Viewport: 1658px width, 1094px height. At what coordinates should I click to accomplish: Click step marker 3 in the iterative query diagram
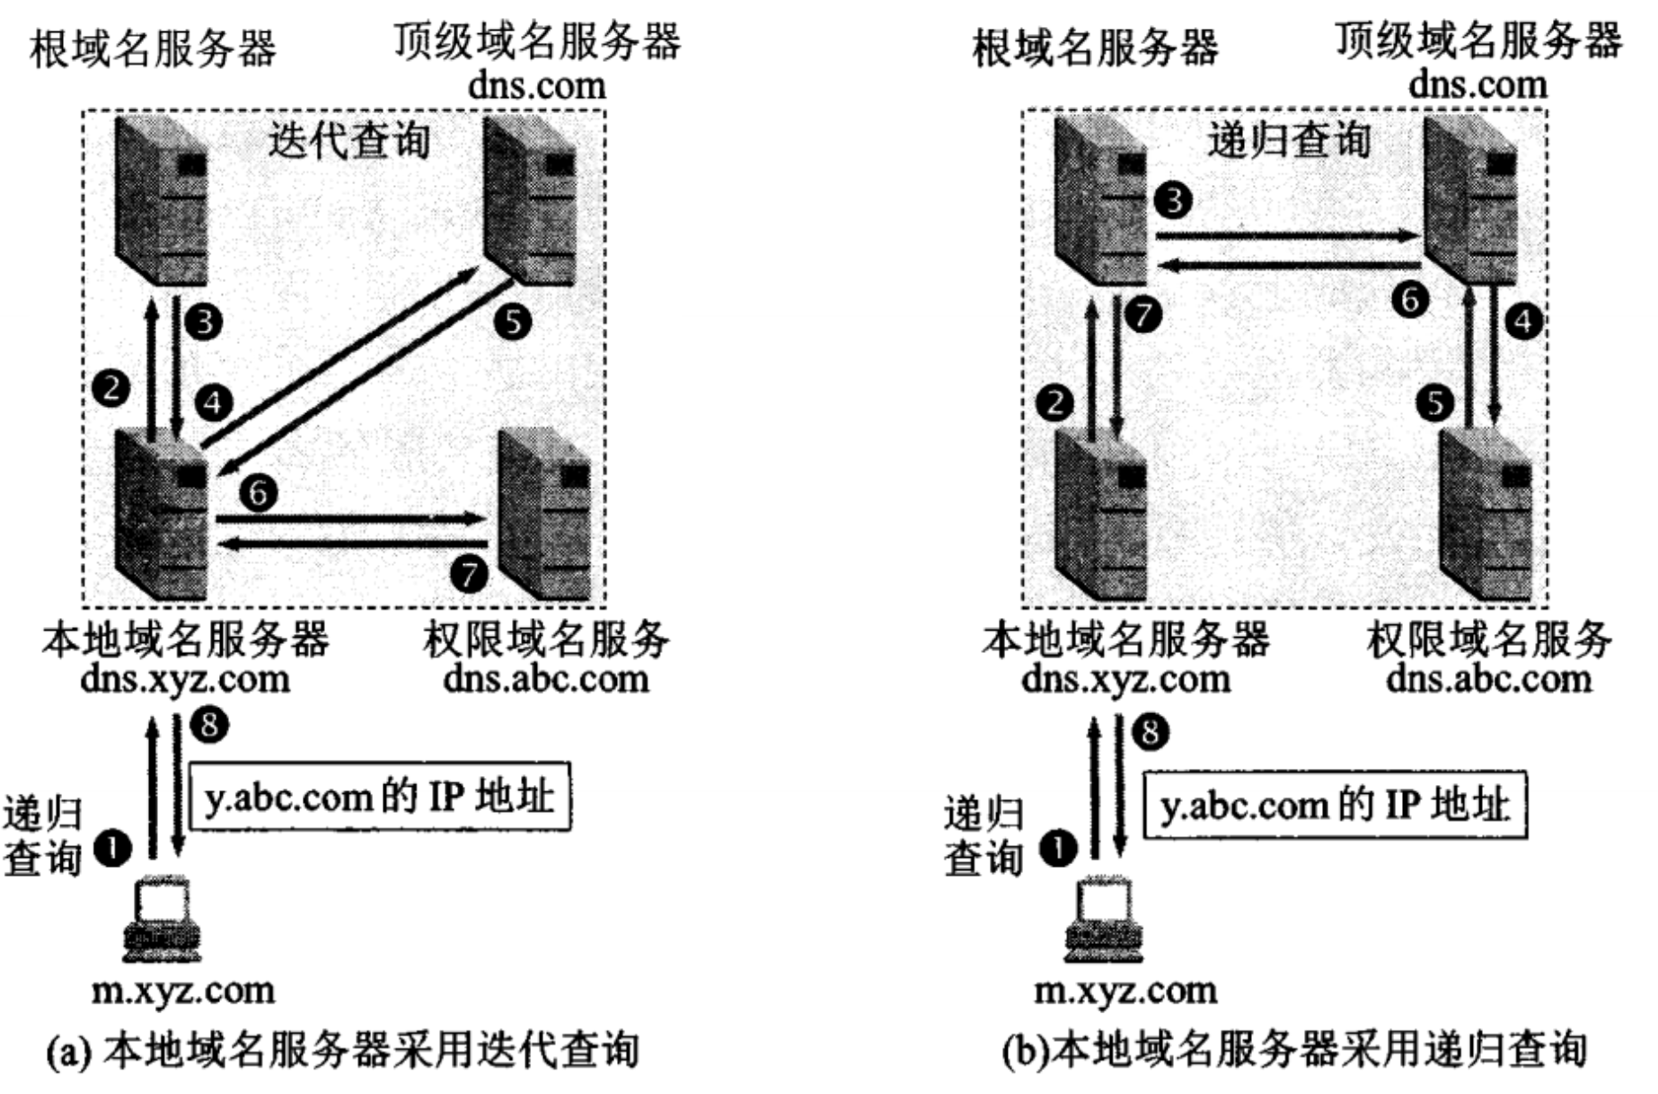pos(205,321)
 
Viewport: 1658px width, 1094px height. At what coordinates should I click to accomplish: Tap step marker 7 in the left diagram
pos(469,574)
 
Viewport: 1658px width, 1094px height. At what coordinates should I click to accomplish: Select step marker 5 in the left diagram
pos(513,321)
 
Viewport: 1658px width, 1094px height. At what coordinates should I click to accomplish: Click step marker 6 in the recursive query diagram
pos(1410,299)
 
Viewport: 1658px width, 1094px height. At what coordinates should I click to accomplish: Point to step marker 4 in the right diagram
pos(1524,321)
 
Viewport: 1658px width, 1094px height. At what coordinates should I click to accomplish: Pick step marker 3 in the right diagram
pos(1174,199)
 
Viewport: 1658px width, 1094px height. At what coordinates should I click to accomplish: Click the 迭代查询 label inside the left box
pos(349,141)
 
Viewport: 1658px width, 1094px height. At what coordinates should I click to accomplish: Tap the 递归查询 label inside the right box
pos(1289,141)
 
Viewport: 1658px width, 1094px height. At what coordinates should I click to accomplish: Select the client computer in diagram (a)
pos(163,921)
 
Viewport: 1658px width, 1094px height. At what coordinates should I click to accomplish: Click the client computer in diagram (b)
pos(1104,921)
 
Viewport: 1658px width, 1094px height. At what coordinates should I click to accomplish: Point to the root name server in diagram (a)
pos(162,202)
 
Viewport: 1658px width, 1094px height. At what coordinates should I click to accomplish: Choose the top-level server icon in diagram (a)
pos(530,202)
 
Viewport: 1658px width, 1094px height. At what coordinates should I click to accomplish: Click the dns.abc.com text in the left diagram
pos(546,678)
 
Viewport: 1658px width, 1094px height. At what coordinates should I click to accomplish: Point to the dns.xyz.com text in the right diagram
pos(1125,678)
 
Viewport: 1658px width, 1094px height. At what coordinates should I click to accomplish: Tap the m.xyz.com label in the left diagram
pos(184,990)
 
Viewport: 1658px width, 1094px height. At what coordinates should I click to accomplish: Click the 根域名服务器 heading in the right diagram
pos(1096,48)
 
